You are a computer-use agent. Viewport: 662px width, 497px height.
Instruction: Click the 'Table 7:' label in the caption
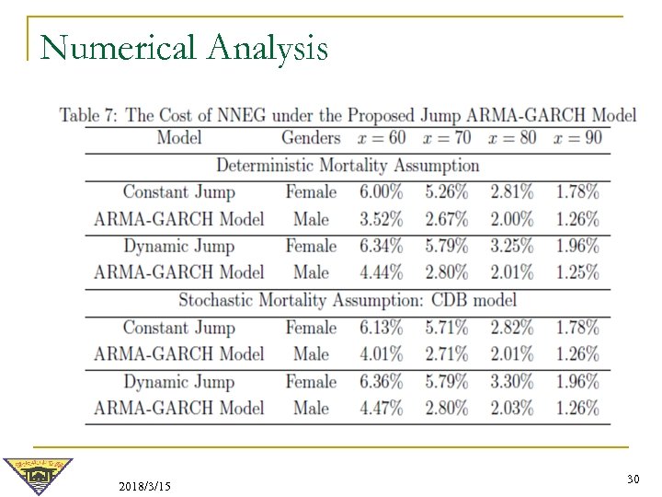[90, 115]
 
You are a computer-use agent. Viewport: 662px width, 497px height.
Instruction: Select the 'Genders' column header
[311, 139]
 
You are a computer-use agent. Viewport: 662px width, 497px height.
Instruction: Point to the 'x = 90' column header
[576, 139]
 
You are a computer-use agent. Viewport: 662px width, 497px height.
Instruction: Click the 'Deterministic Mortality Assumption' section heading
[347, 166]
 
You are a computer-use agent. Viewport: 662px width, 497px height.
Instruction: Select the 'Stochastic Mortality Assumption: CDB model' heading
[347, 300]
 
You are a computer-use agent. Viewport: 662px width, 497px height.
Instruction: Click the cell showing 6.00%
[381, 192]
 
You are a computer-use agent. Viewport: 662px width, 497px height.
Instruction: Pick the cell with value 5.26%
[447, 192]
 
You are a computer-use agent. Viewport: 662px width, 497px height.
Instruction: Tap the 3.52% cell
[381, 219]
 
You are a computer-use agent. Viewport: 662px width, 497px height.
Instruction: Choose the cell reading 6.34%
[381, 246]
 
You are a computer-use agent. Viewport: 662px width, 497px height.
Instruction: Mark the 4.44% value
[381, 272]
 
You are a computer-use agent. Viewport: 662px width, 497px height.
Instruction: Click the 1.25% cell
[577, 272]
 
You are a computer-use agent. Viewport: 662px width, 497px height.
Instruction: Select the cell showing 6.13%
[381, 327]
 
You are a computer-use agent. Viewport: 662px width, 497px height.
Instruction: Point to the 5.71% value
[447, 327]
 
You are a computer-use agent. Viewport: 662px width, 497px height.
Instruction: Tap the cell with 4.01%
[381, 353]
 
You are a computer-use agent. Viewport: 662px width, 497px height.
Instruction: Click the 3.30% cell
[512, 381]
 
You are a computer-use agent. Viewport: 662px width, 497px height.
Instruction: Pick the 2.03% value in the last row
[512, 408]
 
